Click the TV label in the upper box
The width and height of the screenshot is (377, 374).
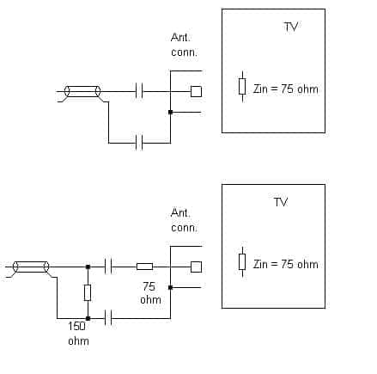[x=291, y=27]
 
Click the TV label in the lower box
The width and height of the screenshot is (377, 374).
[x=281, y=202]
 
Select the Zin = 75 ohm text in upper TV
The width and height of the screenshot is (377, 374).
[x=285, y=89]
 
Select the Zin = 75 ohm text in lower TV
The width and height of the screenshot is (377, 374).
[x=285, y=264]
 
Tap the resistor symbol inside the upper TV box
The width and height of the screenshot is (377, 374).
[x=242, y=87]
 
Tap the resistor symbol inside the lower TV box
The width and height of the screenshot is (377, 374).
[x=242, y=262]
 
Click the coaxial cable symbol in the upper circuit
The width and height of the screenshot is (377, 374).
[x=82, y=91]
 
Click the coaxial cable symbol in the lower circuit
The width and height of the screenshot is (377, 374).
[x=31, y=267]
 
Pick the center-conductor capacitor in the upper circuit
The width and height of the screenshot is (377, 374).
[x=139, y=91]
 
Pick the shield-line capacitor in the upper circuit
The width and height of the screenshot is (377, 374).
[x=139, y=143]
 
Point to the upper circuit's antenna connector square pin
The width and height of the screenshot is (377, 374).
[x=196, y=91]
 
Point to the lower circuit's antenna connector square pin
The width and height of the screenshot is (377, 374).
[x=196, y=267]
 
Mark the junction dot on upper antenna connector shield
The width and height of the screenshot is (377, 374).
[x=170, y=112]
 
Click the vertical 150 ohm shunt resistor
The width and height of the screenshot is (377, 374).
[x=88, y=292]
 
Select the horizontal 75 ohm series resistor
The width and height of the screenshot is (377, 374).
[x=144, y=267]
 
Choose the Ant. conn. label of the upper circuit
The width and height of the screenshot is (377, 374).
[x=184, y=45]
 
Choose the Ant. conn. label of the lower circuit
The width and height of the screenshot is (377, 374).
[x=184, y=220]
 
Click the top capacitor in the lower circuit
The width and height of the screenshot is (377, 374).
[x=108, y=267]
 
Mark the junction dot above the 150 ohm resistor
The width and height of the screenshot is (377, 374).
[x=88, y=267]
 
